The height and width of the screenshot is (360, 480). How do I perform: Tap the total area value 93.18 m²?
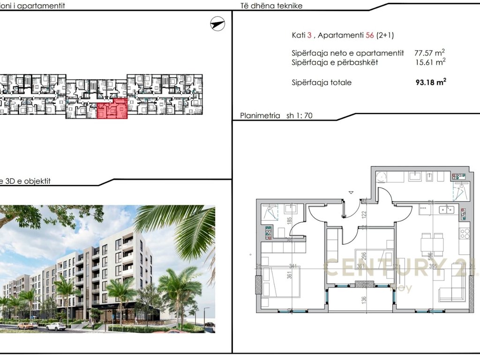(430, 82)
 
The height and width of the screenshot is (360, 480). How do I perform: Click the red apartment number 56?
(370, 35)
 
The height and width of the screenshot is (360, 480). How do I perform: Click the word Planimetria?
(260, 115)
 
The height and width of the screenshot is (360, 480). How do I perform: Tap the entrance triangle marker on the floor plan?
(351, 192)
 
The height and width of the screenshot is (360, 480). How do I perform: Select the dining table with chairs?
(432, 244)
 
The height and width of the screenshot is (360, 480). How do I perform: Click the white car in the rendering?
(56, 326)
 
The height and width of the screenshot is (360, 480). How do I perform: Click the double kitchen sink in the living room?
(445, 209)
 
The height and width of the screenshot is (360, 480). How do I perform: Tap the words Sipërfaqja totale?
(321, 83)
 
